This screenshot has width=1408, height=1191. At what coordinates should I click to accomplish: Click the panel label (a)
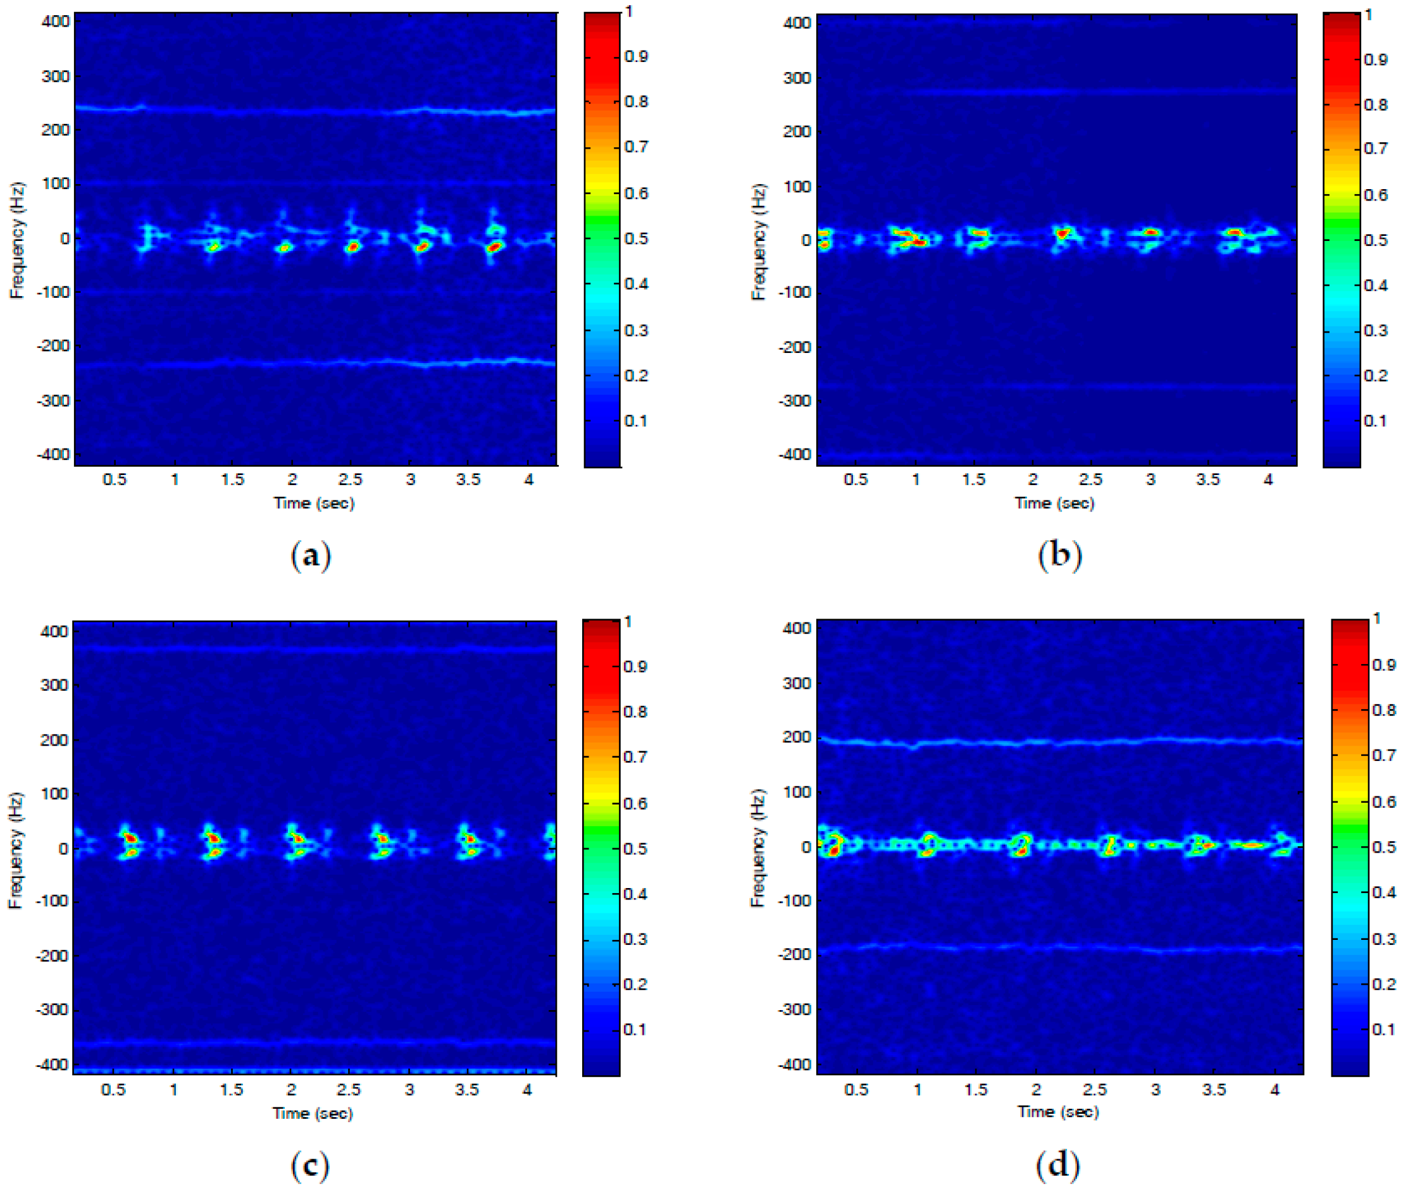(x=311, y=556)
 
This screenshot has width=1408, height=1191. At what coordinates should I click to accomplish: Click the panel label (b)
(x=1059, y=556)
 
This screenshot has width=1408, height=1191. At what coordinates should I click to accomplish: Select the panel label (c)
(x=310, y=1164)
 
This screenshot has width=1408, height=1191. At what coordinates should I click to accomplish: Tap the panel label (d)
(x=1057, y=1164)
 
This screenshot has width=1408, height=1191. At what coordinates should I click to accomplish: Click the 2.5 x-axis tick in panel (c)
(x=349, y=1090)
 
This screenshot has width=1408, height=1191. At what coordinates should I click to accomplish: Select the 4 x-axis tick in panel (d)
(x=1275, y=1090)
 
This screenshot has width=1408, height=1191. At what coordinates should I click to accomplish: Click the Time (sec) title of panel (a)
(x=313, y=503)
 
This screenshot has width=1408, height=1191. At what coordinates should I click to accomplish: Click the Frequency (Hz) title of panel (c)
(x=15, y=851)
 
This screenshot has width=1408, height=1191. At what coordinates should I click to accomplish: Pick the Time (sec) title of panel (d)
(x=1058, y=1112)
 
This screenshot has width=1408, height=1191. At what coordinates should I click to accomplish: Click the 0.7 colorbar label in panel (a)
(x=635, y=147)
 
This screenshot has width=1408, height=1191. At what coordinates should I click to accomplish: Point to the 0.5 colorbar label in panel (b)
(x=1376, y=240)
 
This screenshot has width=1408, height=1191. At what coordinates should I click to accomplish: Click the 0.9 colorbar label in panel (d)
(x=1384, y=665)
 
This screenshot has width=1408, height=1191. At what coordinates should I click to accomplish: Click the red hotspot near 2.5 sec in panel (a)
(x=352, y=247)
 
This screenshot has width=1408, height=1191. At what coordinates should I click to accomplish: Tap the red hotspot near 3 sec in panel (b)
(x=1151, y=232)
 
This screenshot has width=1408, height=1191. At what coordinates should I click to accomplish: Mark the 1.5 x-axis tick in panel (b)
(x=973, y=479)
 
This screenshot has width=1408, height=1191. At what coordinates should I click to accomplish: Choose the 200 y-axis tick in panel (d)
(x=797, y=737)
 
